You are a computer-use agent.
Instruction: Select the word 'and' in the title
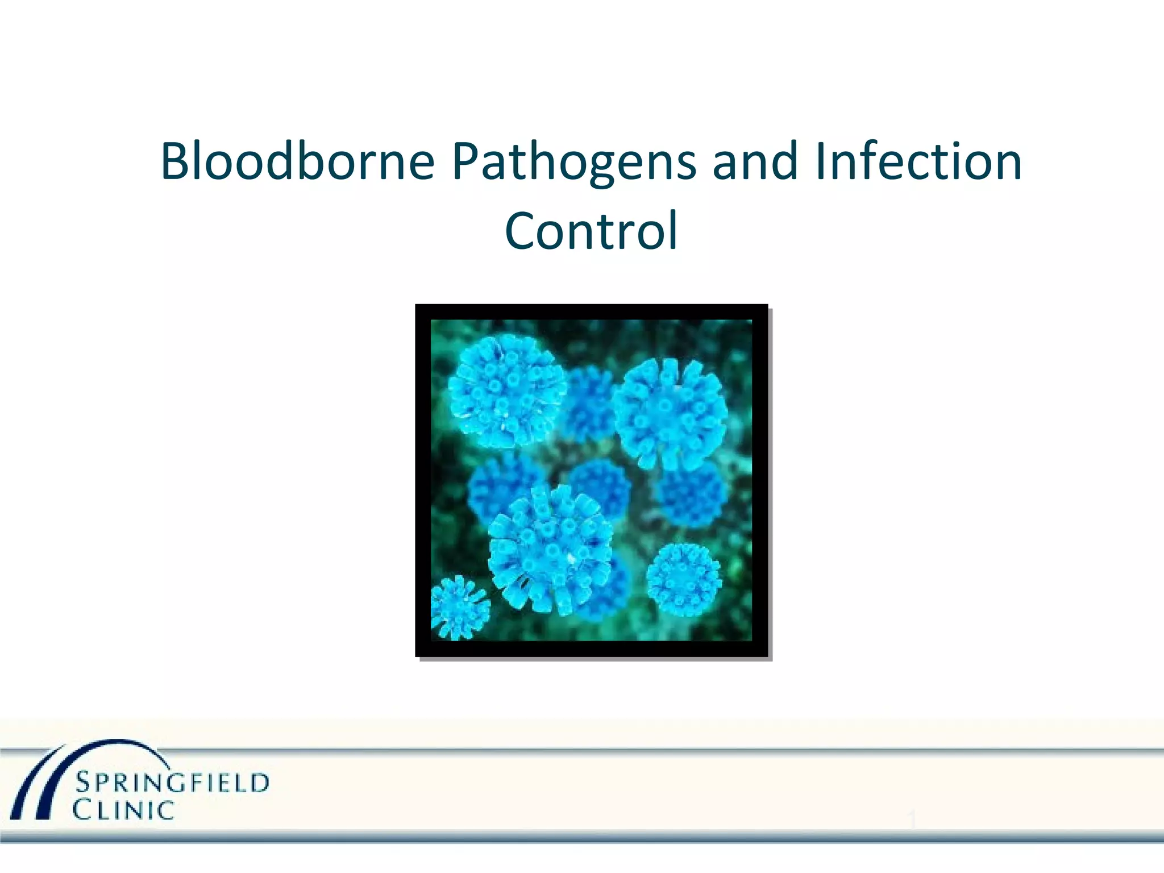point(755,161)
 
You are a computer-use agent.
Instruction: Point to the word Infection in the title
point(918,161)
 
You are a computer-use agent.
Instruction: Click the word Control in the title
point(591,231)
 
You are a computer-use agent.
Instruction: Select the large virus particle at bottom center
point(549,550)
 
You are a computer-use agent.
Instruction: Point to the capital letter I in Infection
point(819,161)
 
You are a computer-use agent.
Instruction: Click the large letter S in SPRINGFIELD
point(83,784)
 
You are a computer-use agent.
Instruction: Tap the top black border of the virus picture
point(591,311)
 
